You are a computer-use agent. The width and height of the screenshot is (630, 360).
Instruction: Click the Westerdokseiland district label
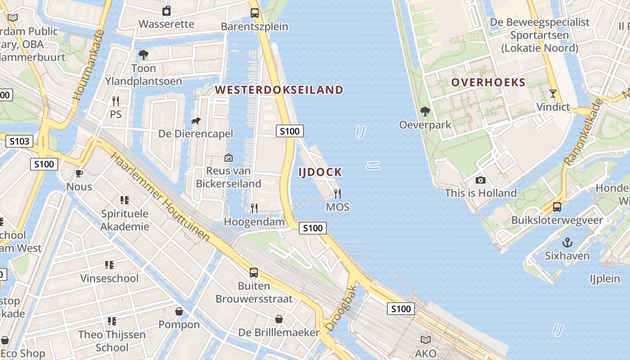point(279,90)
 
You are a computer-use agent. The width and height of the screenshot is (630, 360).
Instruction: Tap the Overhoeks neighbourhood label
point(488,82)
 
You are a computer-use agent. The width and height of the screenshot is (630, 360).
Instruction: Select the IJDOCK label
point(320,172)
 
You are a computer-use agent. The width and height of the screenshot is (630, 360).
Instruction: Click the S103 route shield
point(19,141)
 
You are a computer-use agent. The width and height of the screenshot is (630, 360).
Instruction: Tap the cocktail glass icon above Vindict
point(553,94)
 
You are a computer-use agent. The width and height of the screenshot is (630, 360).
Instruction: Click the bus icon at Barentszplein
point(255,13)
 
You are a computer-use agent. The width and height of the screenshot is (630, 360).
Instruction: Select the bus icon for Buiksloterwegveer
point(557,207)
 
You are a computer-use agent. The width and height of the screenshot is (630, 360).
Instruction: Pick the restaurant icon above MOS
point(337,194)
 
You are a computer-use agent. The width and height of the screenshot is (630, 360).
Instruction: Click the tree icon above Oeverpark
point(425,111)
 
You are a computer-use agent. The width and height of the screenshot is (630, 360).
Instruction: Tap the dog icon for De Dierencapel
point(196,121)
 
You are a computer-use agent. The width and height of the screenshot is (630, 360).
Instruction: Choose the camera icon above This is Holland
point(481,180)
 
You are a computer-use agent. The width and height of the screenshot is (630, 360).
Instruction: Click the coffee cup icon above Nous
point(79,173)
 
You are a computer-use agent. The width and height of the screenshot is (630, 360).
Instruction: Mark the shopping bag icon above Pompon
point(179,311)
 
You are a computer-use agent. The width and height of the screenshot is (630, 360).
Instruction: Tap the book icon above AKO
point(426,340)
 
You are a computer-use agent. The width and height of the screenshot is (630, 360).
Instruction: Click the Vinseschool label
point(109,278)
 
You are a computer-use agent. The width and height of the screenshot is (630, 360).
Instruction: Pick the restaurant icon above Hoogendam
point(254,208)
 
